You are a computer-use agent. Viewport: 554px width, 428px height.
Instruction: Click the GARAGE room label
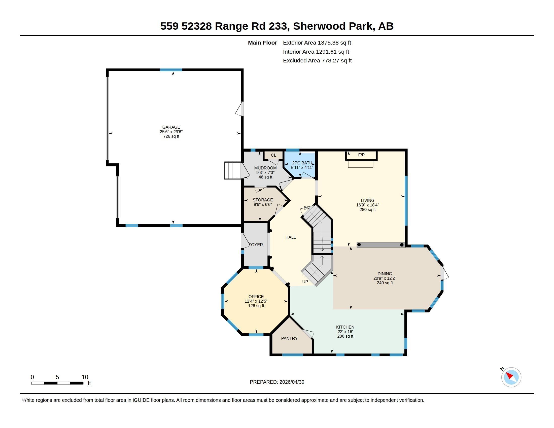171,127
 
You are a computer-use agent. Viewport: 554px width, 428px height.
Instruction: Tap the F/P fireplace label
361,155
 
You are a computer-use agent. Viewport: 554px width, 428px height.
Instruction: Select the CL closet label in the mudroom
273,155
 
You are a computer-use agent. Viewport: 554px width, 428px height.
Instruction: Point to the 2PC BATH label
302,163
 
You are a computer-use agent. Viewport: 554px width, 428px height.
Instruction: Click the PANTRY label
289,338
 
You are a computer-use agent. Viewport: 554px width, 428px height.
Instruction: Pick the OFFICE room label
256,297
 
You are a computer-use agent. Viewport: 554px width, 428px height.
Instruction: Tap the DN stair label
306,208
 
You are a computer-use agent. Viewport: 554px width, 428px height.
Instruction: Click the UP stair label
305,282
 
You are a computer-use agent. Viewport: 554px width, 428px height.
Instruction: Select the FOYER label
256,245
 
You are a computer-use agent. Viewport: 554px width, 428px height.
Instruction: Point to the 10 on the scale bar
85,377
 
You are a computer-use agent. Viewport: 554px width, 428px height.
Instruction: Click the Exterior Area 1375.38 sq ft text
317,43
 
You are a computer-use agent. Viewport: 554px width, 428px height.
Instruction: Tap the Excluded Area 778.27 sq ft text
317,61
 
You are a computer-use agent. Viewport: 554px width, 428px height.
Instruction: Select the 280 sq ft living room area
367,210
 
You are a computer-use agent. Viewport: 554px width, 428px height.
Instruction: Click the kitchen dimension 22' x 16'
345,332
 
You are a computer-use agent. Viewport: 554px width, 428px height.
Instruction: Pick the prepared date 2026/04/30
292,382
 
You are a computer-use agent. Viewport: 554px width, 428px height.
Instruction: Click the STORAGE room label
263,200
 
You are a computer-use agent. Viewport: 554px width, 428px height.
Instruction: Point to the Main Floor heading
262,43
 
